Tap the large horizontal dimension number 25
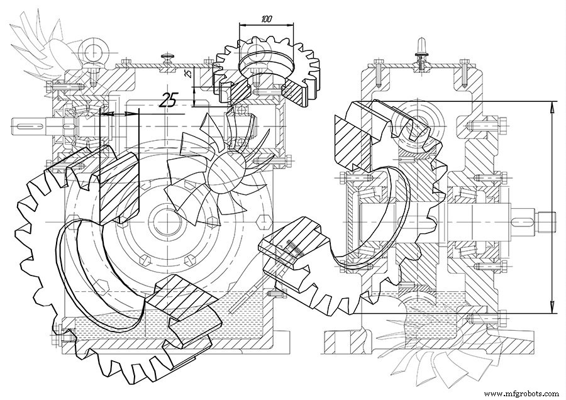(169, 100)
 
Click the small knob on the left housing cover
(167, 58)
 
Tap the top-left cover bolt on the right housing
(379, 72)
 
